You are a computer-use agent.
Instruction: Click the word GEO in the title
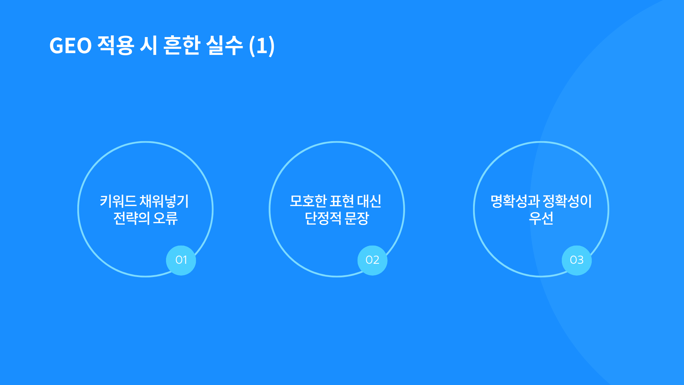(71, 46)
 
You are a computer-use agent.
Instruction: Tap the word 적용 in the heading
(116, 46)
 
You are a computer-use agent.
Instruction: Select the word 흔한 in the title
(181, 46)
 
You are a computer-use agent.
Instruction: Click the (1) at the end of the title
(262, 46)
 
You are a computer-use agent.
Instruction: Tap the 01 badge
(181, 260)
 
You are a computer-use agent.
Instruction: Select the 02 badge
(372, 260)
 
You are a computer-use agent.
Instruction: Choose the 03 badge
(577, 260)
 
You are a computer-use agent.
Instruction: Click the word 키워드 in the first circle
(118, 201)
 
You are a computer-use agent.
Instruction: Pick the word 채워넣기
(164, 201)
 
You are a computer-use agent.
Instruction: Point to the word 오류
(165, 218)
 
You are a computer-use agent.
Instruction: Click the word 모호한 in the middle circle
(308, 201)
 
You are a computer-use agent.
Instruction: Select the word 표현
(342, 201)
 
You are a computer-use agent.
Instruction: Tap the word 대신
(369, 201)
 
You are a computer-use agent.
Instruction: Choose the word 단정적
(323, 218)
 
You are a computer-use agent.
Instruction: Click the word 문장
(357, 218)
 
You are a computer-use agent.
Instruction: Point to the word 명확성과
(515, 201)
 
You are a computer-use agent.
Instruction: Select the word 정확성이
(567, 201)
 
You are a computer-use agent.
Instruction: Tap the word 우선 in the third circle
(541, 218)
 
